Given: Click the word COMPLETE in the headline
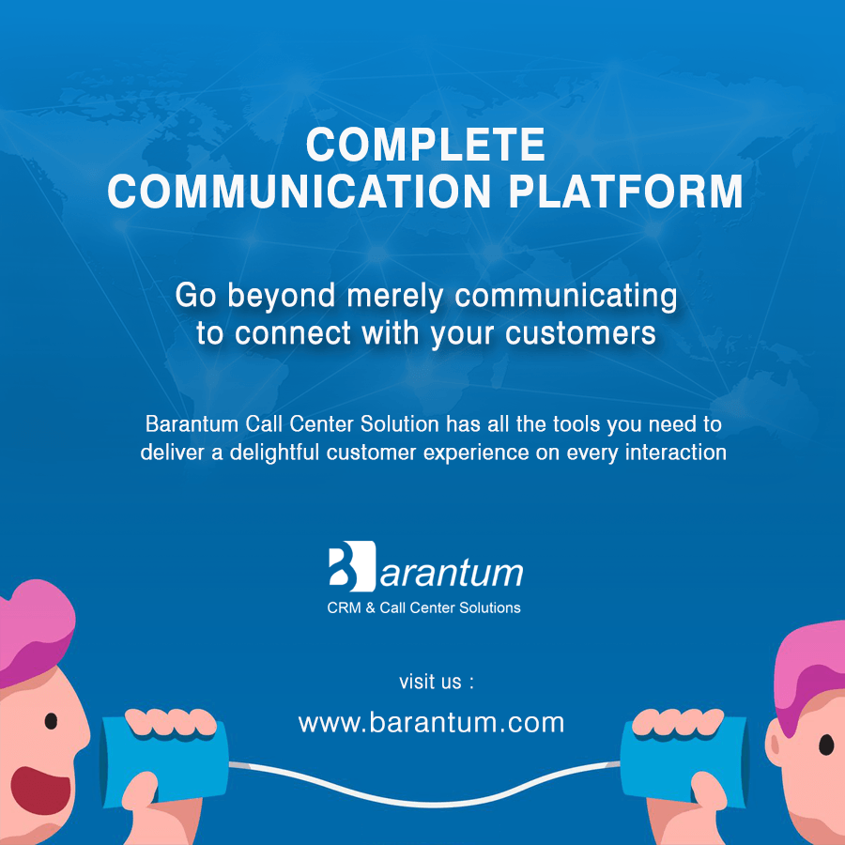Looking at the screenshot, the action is click(425, 145).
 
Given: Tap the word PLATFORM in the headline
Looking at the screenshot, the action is click(625, 192).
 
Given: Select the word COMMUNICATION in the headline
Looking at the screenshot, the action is click(300, 192).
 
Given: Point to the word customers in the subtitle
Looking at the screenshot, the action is click(580, 333).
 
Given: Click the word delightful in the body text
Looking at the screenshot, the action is click(275, 453).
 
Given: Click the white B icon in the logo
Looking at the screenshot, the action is click(352, 566).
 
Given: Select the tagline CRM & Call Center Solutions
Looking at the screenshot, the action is click(423, 607).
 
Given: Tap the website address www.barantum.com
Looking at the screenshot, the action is click(431, 723).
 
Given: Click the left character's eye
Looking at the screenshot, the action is click(51, 721).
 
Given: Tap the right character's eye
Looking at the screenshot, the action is click(826, 745).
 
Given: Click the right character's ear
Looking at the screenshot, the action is click(775, 744).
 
